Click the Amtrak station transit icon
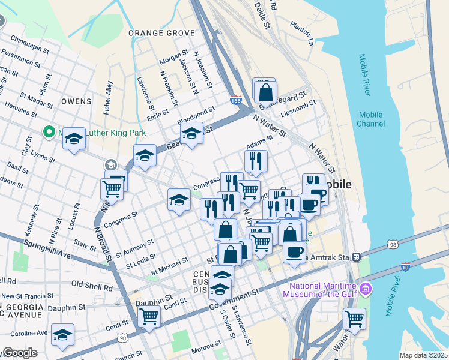(357, 257)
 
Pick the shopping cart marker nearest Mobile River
(354, 319)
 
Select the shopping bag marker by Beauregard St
(265, 92)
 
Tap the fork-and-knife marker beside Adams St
(256, 161)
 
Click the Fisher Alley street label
(108, 98)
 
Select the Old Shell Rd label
(92, 284)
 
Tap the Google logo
(20, 353)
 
